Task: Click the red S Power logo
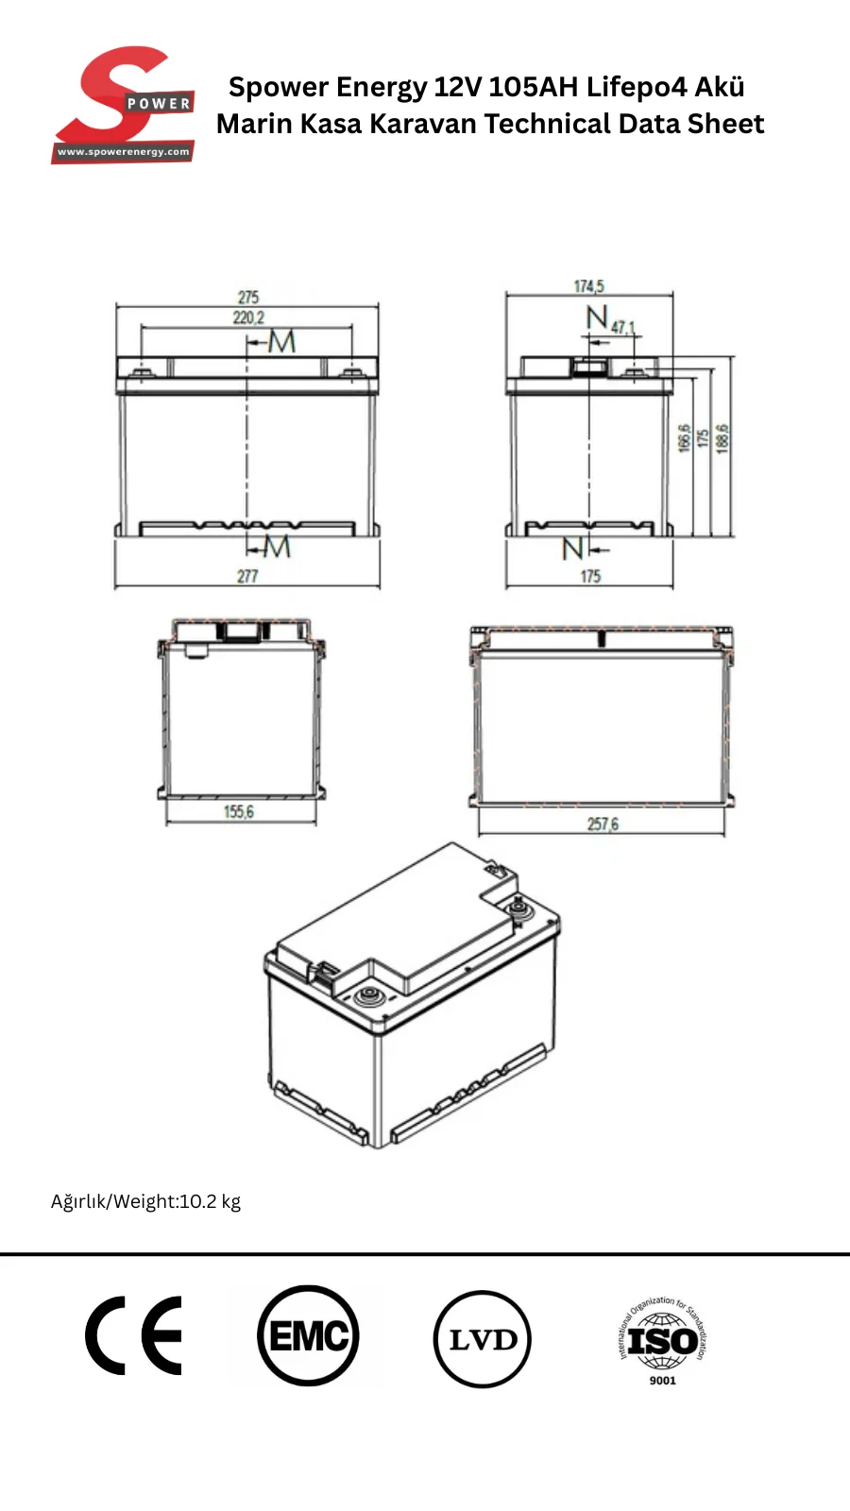pyautogui.click(x=124, y=105)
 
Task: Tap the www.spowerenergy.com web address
pyautogui.click(x=124, y=152)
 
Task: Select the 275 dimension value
pyautogui.click(x=248, y=297)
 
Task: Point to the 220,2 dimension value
pyautogui.click(x=248, y=317)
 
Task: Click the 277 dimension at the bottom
pyautogui.click(x=247, y=576)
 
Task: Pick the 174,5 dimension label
pyautogui.click(x=589, y=286)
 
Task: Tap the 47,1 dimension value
pyautogui.click(x=623, y=327)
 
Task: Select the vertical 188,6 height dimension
pyautogui.click(x=722, y=438)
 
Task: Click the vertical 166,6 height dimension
pyautogui.click(x=684, y=438)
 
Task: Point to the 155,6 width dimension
pyautogui.click(x=239, y=811)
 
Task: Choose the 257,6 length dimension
pyautogui.click(x=603, y=823)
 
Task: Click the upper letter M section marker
pyautogui.click(x=282, y=341)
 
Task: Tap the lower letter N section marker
pyautogui.click(x=572, y=549)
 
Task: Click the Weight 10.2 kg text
pyautogui.click(x=145, y=1201)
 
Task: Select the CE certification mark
pyautogui.click(x=133, y=1335)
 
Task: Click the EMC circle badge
pyautogui.click(x=308, y=1335)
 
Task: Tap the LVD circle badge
pyautogui.click(x=483, y=1338)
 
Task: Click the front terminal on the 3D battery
pyautogui.click(x=369, y=995)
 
